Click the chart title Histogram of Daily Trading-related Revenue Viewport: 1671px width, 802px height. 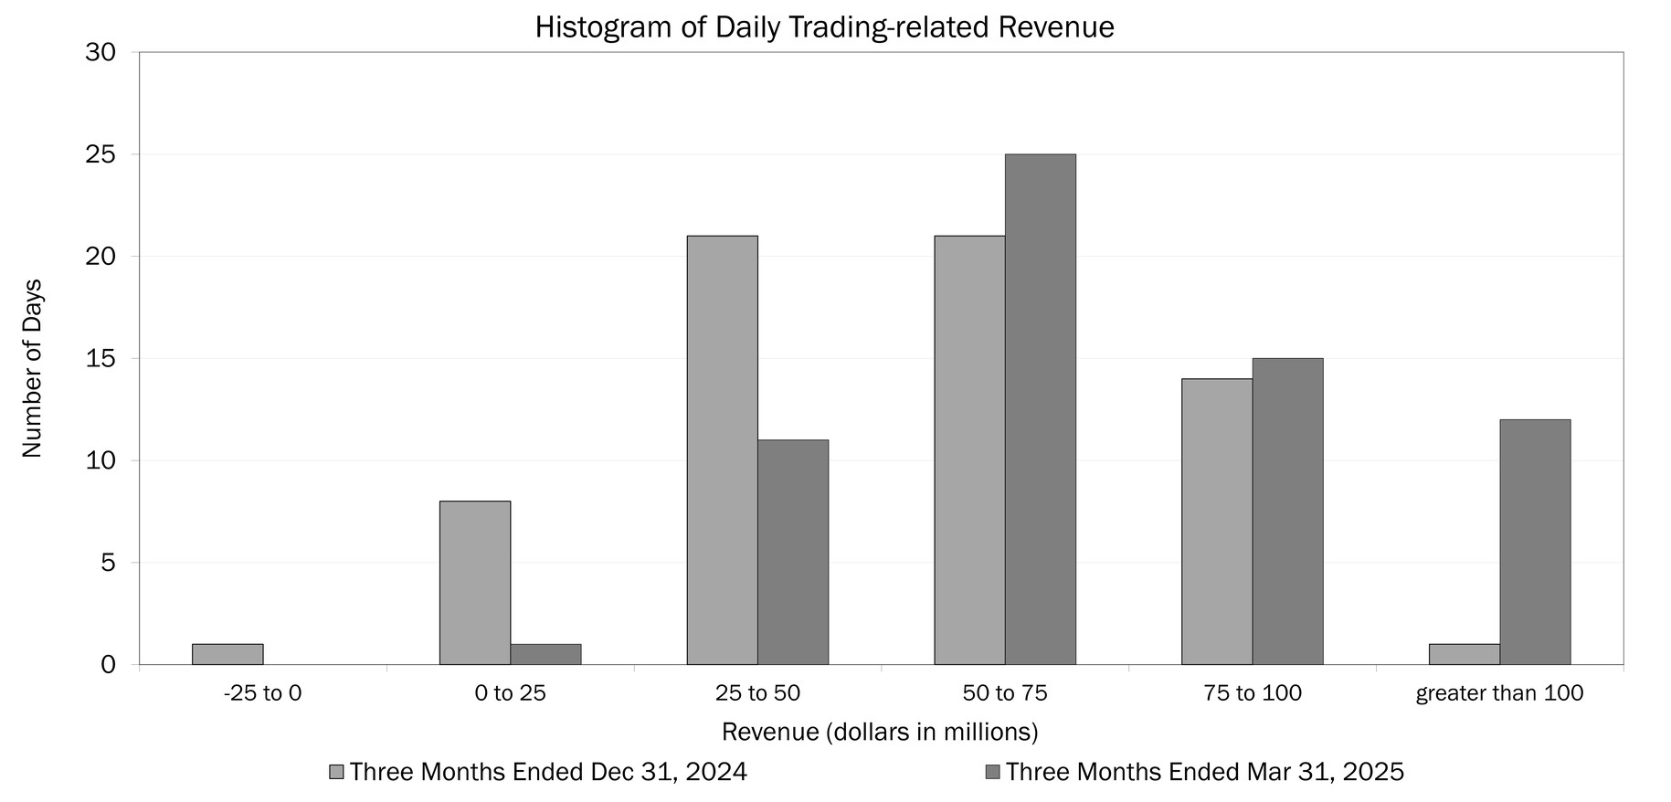[824, 27]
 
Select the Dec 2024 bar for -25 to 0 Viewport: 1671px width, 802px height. [227, 654]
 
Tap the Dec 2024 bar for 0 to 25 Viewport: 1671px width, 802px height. [475, 583]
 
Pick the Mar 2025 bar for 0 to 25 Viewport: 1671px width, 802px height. [545, 654]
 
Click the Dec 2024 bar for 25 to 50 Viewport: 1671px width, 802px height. [722, 450]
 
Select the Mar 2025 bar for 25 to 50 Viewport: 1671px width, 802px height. [793, 552]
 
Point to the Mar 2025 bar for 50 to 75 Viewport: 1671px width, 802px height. [1041, 409]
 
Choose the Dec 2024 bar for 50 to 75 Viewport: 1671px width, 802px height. [969, 450]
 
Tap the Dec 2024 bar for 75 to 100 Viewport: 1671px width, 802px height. [1217, 522]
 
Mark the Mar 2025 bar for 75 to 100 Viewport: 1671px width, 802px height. [1287, 512]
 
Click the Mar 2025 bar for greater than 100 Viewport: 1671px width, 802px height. [1535, 542]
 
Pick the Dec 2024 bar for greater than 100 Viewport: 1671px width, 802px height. [1465, 654]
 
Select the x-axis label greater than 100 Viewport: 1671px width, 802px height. [1499, 693]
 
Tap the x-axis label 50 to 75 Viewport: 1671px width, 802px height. [1005, 693]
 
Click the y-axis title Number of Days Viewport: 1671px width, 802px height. [32, 368]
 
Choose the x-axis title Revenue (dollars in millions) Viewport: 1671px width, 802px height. [880, 732]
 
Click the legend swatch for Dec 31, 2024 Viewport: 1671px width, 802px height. [336, 772]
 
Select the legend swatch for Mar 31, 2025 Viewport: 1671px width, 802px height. [993, 772]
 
